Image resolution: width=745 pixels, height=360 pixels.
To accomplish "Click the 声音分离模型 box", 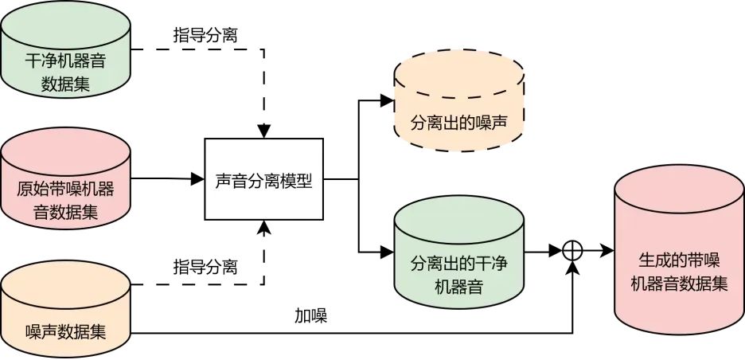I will click(x=264, y=180).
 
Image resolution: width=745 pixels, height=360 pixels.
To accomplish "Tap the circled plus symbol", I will click(x=573, y=250).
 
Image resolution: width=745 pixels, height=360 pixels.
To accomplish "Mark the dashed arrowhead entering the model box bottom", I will click(x=264, y=228).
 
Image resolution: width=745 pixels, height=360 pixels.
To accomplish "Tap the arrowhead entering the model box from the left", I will click(x=199, y=180).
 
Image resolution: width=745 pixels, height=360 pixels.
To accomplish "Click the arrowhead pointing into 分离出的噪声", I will click(x=388, y=101).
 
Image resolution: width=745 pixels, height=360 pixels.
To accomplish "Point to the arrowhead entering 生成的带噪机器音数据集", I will click(x=609, y=250).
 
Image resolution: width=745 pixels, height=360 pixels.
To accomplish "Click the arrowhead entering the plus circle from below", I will click(x=573, y=266).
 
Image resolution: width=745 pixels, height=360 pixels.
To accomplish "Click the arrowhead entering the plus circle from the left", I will click(x=557, y=250).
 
